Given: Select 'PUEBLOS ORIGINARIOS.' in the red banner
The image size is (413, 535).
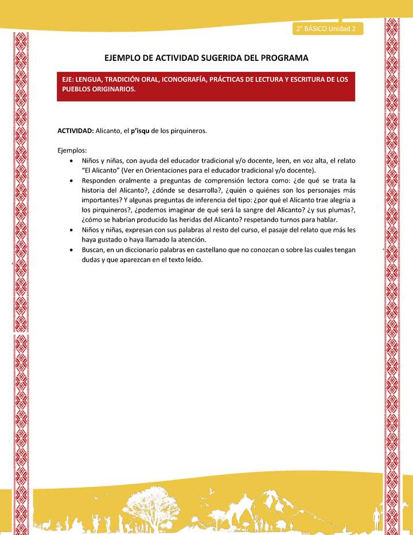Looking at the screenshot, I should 99,90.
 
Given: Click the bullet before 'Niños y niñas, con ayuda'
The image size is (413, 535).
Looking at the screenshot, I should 70,161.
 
